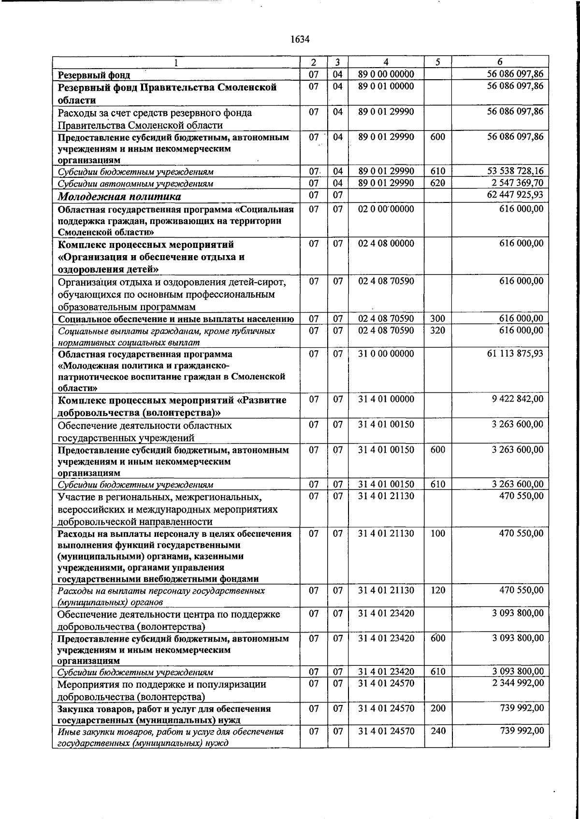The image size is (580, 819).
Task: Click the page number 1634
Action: pos(300,40)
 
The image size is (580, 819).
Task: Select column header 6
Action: pos(500,62)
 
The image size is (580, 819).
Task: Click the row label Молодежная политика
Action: pos(119,197)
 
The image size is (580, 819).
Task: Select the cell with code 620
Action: pos(437,183)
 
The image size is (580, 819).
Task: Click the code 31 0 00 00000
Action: pos(386,353)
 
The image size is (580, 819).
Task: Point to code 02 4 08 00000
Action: pos(386,243)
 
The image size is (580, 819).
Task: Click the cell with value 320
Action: pos(437,330)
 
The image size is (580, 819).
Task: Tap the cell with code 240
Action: pos(437,731)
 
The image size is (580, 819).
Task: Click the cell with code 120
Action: pos(437,590)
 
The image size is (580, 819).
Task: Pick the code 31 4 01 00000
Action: pos(386,399)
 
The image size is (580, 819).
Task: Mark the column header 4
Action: pos(386,62)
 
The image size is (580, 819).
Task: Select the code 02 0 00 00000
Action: pos(386,208)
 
